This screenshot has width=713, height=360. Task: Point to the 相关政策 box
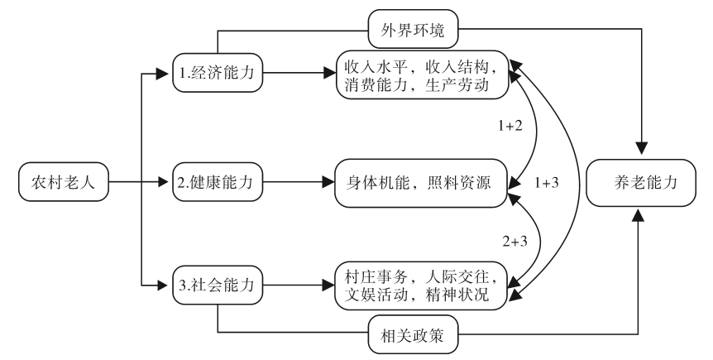pos(414,334)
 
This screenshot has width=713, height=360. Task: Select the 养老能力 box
pos(639,180)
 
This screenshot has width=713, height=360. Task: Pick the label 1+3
pos(548,181)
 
